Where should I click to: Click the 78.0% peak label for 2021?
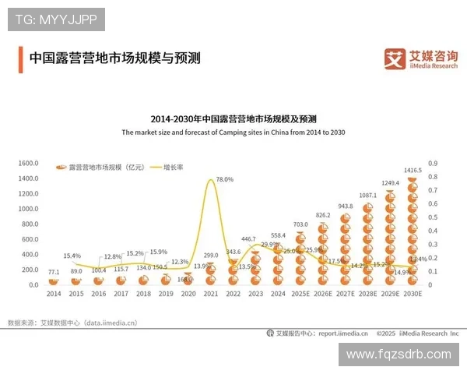coord(224,179)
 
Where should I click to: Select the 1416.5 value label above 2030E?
coord(413,170)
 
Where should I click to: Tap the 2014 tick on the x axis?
coord(53,295)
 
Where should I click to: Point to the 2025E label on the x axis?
coord(300,295)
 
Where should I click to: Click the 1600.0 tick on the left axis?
coord(27,164)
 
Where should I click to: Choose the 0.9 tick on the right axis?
coord(433,164)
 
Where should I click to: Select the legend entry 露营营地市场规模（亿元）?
coord(100,168)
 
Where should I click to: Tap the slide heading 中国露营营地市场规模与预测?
coord(114,58)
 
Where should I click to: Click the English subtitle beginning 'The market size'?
coord(233,132)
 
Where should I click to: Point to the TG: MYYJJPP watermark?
coord(55,19)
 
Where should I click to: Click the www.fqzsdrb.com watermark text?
coord(398,354)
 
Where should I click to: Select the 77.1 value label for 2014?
coord(54,273)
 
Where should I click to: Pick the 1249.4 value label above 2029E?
coord(390,183)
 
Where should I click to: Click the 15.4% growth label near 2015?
coord(72,256)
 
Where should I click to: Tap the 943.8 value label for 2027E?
coord(345,206)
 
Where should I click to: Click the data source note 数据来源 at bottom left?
coord(72,322)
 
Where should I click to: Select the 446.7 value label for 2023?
coord(248,239)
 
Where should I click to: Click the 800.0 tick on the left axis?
coord(27,224)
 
